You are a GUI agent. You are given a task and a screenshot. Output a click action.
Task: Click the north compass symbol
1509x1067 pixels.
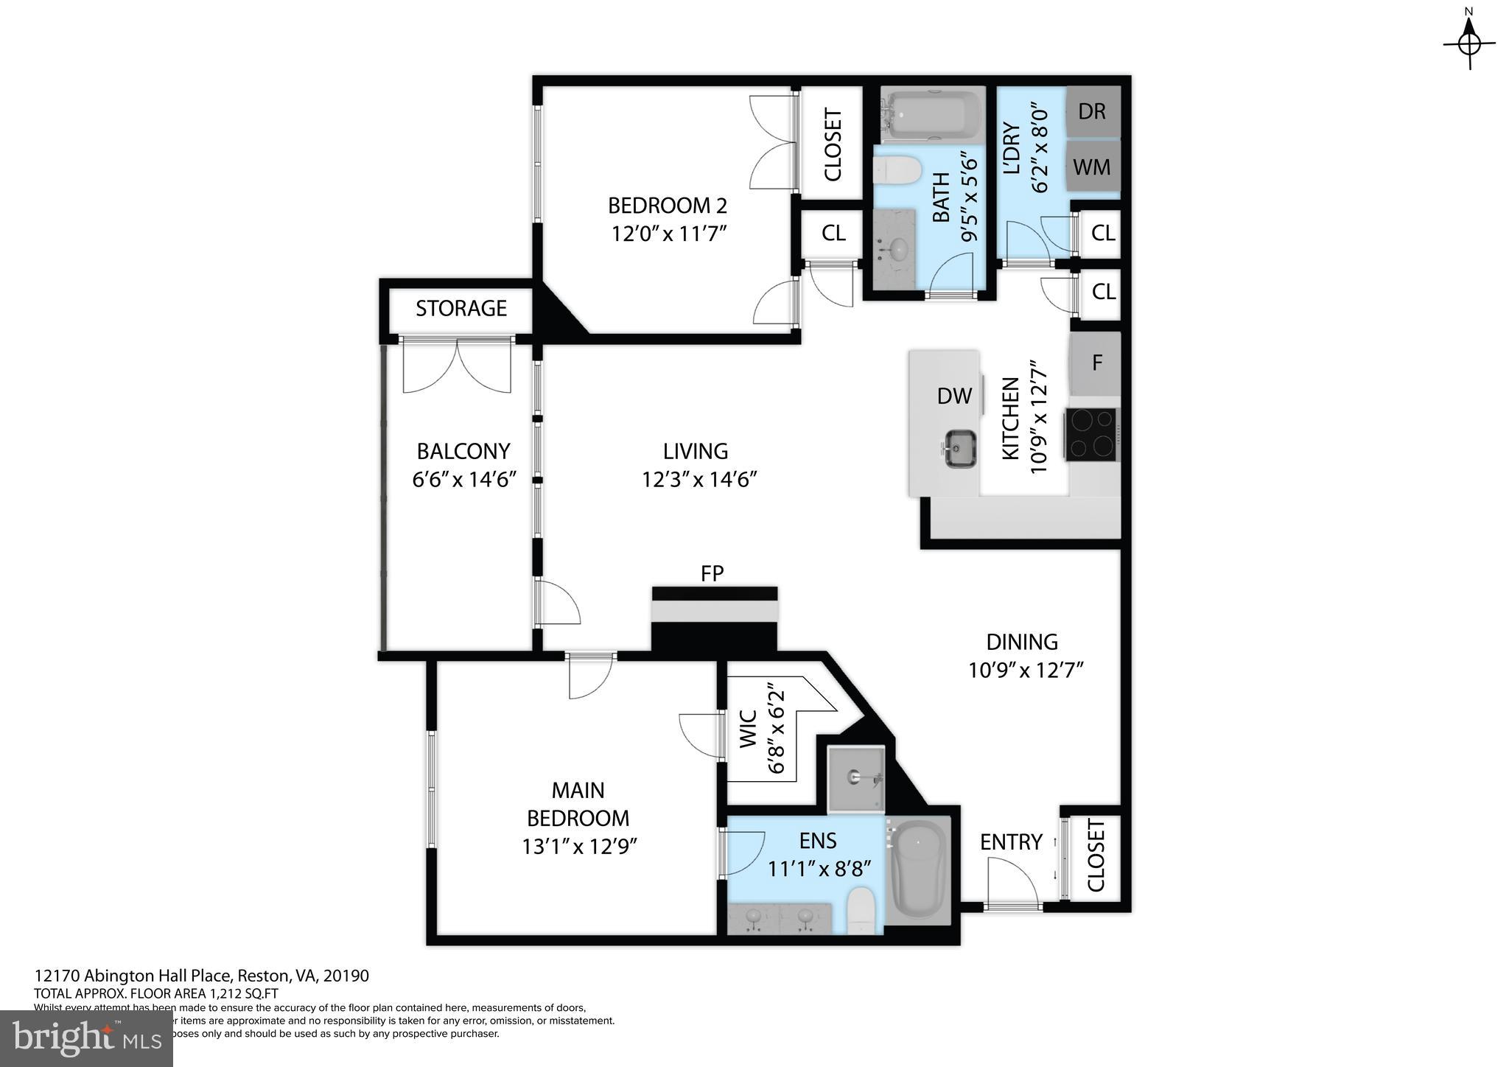[1469, 43]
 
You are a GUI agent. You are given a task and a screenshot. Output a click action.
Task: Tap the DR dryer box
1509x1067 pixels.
[1093, 111]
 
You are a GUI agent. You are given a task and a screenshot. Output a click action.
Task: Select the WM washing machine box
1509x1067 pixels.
[1093, 167]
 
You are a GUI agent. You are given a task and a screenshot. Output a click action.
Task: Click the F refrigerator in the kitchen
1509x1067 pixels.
[1096, 363]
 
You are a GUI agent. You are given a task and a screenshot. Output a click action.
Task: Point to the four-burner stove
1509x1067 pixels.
[1091, 434]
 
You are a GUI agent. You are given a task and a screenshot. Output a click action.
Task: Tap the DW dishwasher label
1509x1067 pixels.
[954, 396]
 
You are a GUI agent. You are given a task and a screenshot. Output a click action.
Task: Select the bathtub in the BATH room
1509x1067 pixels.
[931, 114]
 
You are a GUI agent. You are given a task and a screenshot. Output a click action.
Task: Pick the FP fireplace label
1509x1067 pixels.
[712, 573]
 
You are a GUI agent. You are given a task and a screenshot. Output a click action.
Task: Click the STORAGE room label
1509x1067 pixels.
[461, 308]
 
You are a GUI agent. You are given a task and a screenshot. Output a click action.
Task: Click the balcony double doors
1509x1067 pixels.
[457, 366]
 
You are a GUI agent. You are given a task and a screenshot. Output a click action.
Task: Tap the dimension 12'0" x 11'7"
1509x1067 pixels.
[669, 234]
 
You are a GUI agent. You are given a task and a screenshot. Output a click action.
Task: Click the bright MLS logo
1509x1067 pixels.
[86, 1038]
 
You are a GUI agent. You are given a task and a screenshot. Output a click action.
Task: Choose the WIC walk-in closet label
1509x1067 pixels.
[747, 729]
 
